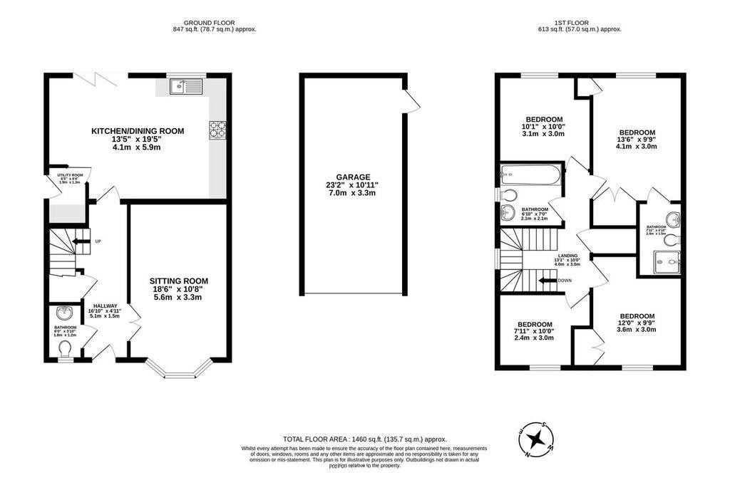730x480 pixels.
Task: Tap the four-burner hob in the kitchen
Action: (x=217, y=130)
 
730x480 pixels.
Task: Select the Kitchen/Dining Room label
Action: (x=137, y=131)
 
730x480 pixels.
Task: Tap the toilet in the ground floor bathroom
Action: (x=66, y=348)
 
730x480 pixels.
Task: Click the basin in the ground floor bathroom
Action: (x=65, y=312)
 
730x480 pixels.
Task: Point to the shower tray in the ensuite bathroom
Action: (x=667, y=263)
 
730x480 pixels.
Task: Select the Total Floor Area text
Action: (x=364, y=440)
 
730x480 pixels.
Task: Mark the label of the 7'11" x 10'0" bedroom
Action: (x=534, y=324)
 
